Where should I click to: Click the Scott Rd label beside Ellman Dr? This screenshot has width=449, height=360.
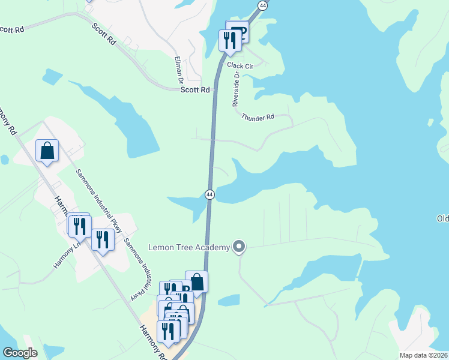pyautogui.click(x=196, y=89)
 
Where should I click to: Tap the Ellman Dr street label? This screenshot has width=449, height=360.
pyautogui.click(x=178, y=69)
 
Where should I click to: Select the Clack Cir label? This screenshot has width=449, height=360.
pyautogui.click(x=240, y=66)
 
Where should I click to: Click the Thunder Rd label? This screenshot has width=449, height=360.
pyautogui.click(x=258, y=118)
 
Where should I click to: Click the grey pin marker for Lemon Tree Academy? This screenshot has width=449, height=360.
pyautogui.click(x=240, y=247)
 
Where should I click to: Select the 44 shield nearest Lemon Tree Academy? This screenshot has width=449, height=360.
pyautogui.click(x=209, y=194)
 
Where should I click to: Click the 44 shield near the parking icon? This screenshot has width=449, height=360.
pyautogui.click(x=262, y=5)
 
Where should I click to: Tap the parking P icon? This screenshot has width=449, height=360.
pyautogui.click(x=238, y=31)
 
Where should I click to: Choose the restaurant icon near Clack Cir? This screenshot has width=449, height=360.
pyautogui.click(x=229, y=40)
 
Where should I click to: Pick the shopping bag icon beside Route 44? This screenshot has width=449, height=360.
pyautogui.click(x=196, y=281)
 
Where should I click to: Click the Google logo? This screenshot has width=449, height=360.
pyautogui.click(x=20, y=353)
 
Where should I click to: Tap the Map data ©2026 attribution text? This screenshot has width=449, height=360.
pyautogui.click(x=423, y=355)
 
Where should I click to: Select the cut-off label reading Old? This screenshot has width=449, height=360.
pyautogui.click(x=442, y=218)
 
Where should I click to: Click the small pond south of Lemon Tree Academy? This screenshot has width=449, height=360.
pyautogui.click(x=229, y=300)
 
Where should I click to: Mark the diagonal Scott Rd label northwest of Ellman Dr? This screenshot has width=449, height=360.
pyautogui.click(x=104, y=34)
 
